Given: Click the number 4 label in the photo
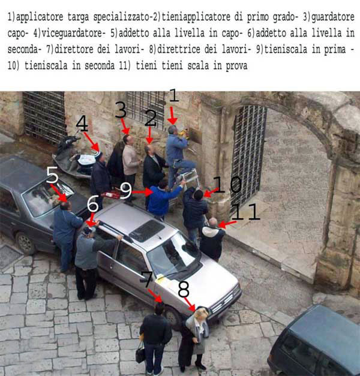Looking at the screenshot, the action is [82, 124].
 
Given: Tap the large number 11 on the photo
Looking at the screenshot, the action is [246, 212].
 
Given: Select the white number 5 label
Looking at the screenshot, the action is [52, 175].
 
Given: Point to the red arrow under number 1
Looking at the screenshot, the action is [172, 116].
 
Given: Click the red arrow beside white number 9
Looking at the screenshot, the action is [143, 192].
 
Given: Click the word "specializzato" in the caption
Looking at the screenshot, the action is [121, 17].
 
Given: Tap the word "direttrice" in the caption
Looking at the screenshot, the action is [179, 49].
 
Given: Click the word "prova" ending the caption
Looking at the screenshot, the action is [236, 65].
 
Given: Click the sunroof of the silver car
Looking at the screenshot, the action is [147, 231].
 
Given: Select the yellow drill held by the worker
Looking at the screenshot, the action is [184, 133].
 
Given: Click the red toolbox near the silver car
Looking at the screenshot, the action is [112, 194].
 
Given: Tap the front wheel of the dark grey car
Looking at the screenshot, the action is [24, 243].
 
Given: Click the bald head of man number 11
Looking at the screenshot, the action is [213, 222].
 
